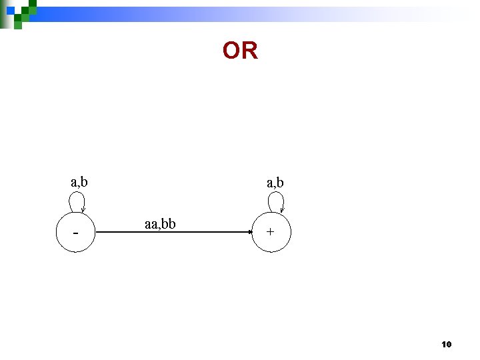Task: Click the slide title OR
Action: (x=240, y=51)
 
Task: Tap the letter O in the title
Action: (x=231, y=51)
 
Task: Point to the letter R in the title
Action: (x=249, y=51)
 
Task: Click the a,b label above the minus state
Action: (x=80, y=181)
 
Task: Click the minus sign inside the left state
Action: (x=76, y=234)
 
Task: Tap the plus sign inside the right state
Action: (x=270, y=232)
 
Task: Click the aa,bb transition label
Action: (x=160, y=223)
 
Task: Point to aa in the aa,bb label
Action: (x=151, y=223)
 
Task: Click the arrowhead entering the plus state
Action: (x=247, y=232)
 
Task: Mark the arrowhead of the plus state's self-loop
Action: (x=282, y=209)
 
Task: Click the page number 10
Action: (x=446, y=345)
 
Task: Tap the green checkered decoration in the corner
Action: (x=18, y=12)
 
